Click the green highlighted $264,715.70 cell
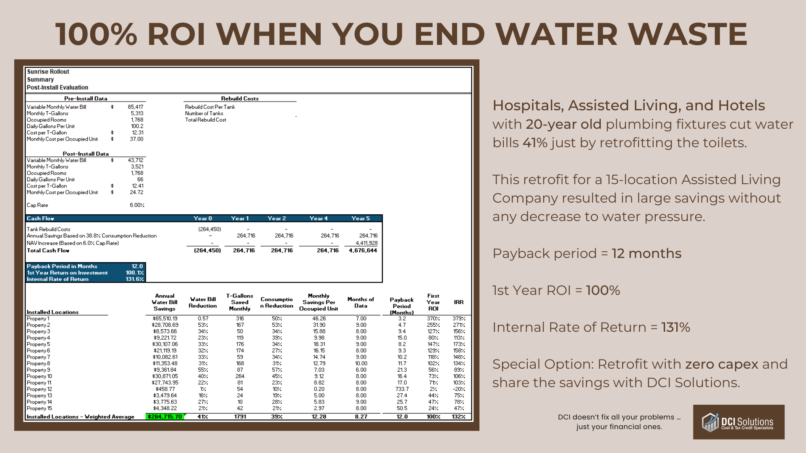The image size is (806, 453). click(165, 417)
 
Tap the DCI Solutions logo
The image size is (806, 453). click(738, 422)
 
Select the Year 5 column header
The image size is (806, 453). click(361, 218)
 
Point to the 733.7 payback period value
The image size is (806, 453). click(402, 389)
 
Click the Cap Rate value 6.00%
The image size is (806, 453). click(137, 205)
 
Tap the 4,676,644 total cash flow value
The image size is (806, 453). click(363, 250)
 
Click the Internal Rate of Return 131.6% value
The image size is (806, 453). click(135, 279)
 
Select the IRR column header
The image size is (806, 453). click(458, 302)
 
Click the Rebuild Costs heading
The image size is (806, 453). click(240, 99)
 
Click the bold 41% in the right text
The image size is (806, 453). click(535, 143)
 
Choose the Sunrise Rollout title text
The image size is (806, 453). click(48, 72)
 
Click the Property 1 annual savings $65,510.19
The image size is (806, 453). click(165, 318)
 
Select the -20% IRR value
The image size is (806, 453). click(459, 389)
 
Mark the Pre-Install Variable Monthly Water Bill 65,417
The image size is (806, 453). click(136, 107)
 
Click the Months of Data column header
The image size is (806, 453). click(361, 302)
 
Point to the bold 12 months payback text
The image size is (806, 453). click(646, 253)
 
